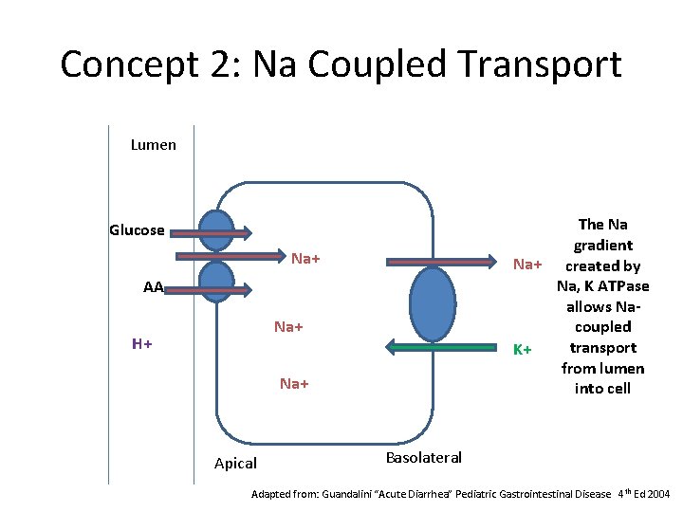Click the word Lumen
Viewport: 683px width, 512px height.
(154, 145)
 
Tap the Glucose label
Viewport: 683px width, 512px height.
(137, 230)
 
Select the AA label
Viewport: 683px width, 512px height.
(153, 287)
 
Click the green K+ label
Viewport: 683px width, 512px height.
(521, 350)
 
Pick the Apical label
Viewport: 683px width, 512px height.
(235, 464)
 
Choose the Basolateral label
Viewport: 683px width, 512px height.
(424, 458)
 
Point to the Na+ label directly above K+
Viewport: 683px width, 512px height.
(526, 263)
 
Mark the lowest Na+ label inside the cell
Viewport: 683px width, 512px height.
(294, 384)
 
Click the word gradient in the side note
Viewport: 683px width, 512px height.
(602, 245)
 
